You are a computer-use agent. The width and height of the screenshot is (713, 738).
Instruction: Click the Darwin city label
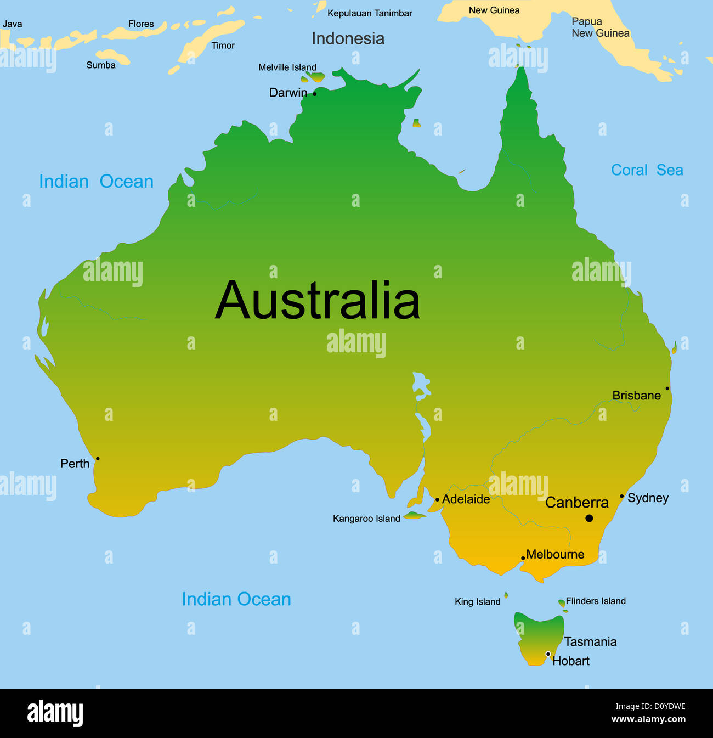[x=288, y=93]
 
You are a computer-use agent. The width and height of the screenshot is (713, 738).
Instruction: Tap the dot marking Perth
[x=98, y=459]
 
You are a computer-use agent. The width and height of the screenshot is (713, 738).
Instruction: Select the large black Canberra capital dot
[x=589, y=518]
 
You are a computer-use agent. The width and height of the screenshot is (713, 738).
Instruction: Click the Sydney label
[x=648, y=498]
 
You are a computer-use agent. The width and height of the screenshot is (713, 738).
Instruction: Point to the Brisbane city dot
[x=667, y=388]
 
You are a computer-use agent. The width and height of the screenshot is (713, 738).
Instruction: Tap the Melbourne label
[x=555, y=554]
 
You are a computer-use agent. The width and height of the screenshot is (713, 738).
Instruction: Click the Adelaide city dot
[x=437, y=500]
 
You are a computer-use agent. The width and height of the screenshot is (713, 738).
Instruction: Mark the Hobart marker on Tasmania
[x=547, y=654]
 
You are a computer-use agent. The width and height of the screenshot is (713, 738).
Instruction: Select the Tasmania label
[x=590, y=641]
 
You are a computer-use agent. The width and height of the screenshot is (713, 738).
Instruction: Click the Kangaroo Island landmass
[x=415, y=515]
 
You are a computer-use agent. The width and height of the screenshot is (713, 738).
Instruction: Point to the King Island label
[x=477, y=602]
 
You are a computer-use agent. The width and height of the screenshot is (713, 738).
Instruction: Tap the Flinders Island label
[x=596, y=601]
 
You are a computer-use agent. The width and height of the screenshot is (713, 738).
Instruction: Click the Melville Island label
[x=287, y=67]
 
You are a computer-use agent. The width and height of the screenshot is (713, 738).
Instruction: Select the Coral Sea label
[x=647, y=170]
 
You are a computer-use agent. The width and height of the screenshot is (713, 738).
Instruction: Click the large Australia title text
[x=318, y=301]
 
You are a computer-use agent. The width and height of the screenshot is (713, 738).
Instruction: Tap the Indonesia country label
[x=348, y=38]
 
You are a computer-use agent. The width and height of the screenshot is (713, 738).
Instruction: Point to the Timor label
[x=223, y=46]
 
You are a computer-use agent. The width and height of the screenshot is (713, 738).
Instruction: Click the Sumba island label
[x=101, y=65]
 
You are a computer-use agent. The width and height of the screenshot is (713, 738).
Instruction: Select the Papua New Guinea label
[x=600, y=27]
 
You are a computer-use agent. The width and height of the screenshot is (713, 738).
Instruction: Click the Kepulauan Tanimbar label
[x=370, y=13]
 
